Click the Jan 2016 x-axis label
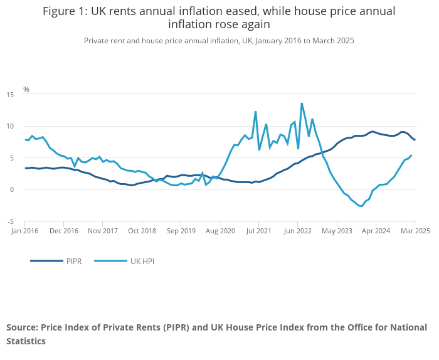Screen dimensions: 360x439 pyautogui.click(x=25, y=231)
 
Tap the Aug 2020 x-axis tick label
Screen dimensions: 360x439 pyautogui.click(x=219, y=231)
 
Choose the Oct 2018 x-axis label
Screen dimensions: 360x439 pyautogui.click(x=142, y=231)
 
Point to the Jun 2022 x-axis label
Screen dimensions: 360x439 pyautogui.click(x=297, y=231)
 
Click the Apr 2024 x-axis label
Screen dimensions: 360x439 pyautogui.click(x=375, y=231)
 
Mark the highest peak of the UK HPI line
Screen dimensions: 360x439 pyautogui.click(x=302, y=103)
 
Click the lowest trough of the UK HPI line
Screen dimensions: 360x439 pyautogui.click(x=361, y=206)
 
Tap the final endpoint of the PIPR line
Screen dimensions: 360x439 pyautogui.click(x=415, y=140)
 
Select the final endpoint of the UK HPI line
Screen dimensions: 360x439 pyautogui.click(x=411, y=156)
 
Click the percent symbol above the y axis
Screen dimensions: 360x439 pyautogui.click(x=26, y=90)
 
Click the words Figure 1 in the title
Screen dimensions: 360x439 pyautogui.click(x=66, y=11)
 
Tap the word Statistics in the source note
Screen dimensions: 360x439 pyautogui.click(x=26, y=342)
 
